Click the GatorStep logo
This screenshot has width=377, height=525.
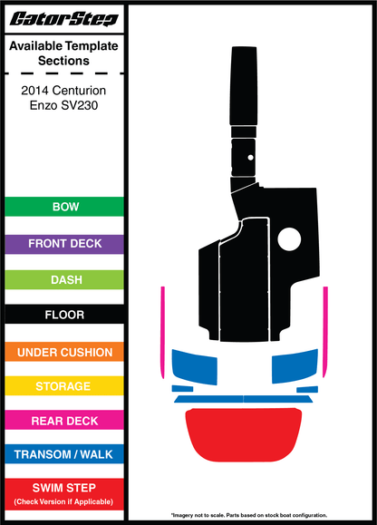pos(64,19)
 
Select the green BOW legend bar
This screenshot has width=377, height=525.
pos(64,207)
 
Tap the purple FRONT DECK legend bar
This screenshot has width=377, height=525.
pos(64,244)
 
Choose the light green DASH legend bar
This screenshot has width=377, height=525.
pos(64,279)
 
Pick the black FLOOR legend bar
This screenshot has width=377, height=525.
pos(64,315)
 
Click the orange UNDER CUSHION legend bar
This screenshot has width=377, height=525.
pos(64,352)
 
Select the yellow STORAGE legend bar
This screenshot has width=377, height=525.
pos(64,386)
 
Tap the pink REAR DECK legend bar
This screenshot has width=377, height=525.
pos(64,420)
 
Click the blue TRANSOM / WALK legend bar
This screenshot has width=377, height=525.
pos(64,454)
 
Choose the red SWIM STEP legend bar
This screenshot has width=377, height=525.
pos(64,494)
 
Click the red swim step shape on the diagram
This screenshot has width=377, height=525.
pos(244,434)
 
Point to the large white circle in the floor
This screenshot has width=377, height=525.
pos(289,239)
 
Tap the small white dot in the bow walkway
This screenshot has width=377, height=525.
pos(250,158)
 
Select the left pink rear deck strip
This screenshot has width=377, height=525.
pos(163,333)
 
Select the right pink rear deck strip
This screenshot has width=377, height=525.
pos(325,332)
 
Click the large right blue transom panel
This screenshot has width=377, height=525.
pos(295,366)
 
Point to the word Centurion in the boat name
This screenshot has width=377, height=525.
pos(79,91)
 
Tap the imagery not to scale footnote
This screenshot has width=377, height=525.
pos(249,515)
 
